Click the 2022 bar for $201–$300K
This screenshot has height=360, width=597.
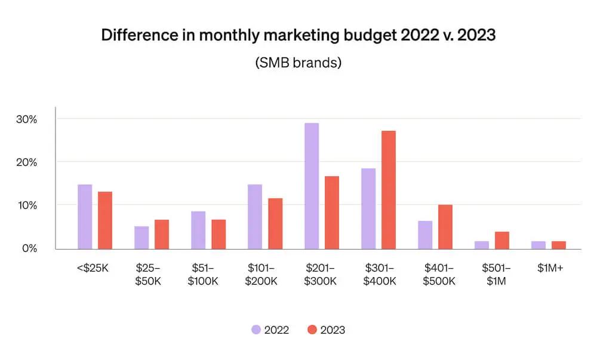312,186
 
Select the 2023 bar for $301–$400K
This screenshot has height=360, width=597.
389,189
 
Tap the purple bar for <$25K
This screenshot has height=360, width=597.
85,216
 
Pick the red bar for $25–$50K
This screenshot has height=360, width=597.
162,234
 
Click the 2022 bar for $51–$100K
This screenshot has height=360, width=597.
198,230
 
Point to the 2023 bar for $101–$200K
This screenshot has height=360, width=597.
275,223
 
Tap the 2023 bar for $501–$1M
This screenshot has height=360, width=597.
502,240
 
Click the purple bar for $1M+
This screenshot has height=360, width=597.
538,245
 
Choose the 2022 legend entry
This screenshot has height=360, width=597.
270,330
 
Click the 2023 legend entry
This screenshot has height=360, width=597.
326,330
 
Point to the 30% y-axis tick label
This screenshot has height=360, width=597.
27,119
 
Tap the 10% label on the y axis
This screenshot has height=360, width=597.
27,205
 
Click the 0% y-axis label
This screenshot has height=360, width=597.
29,248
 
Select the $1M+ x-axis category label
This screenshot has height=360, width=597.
550,269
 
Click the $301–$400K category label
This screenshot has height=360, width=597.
380,275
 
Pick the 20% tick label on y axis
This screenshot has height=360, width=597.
27,162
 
